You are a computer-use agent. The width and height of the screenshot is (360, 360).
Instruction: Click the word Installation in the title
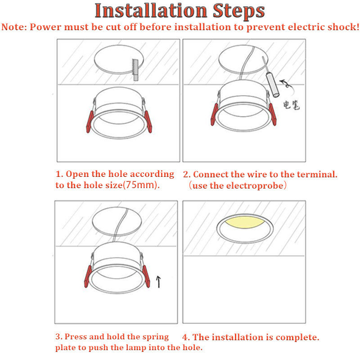[151, 10]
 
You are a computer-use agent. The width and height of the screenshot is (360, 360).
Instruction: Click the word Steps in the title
[239, 11]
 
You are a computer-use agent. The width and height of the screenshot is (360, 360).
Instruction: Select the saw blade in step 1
[135, 70]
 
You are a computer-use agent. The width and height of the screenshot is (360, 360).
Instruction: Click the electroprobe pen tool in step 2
[271, 77]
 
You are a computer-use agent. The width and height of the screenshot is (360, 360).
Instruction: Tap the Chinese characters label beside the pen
[292, 105]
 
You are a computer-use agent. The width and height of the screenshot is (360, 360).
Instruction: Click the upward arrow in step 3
[158, 282]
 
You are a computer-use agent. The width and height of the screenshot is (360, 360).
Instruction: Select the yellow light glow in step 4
[245, 222]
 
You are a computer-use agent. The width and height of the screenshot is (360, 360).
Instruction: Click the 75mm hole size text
[140, 185]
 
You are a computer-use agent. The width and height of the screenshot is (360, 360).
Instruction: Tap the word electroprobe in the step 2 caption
[255, 185]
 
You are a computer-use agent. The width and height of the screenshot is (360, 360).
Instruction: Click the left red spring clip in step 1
[90, 121]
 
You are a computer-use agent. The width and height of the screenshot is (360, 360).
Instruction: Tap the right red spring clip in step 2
[273, 114]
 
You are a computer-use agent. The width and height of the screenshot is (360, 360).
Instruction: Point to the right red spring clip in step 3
[146, 276]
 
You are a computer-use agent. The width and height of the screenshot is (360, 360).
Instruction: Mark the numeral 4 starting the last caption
[185, 337]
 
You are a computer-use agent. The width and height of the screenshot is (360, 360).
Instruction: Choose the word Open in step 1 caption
[77, 174]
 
